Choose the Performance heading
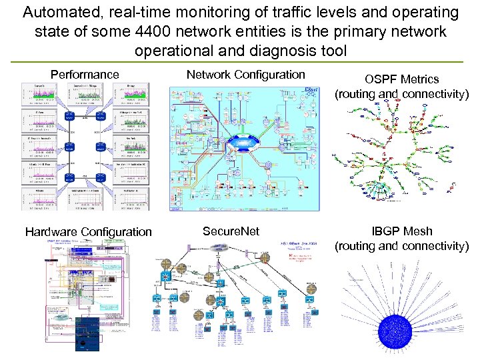(85, 75)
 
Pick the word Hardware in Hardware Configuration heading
(51, 232)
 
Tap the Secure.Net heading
(231, 231)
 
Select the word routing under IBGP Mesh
(358, 246)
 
